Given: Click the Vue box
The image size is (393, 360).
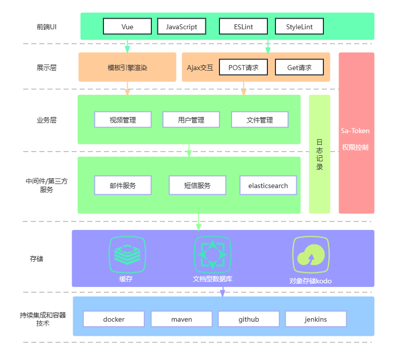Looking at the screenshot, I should click(x=127, y=26).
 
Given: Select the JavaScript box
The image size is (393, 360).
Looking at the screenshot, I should click(x=182, y=26).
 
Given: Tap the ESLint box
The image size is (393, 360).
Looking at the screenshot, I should click(x=243, y=26).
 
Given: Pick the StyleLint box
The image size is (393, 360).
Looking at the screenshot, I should click(x=299, y=26).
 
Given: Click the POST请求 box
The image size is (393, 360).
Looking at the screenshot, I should click(x=243, y=67).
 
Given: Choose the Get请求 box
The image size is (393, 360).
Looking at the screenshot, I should click(x=299, y=67).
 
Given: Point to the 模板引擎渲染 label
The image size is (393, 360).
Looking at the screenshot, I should click(x=127, y=68).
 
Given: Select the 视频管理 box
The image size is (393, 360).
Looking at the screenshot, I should click(x=123, y=120).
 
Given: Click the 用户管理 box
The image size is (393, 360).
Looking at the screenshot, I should click(x=191, y=120).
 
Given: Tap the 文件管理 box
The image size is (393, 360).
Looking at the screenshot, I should click(x=260, y=120).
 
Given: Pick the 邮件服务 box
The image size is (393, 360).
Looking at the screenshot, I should click(x=123, y=186).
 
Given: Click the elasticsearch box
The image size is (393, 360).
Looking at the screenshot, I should click(x=268, y=186).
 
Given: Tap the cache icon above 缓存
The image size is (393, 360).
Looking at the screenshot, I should click(x=127, y=254).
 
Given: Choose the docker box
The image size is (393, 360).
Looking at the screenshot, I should click(x=114, y=319).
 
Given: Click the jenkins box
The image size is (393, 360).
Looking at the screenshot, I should click(x=316, y=319).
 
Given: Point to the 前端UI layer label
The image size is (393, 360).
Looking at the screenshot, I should click(x=46, y=26).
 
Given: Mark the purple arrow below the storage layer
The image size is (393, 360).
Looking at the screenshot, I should click(x=222, y=292).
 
